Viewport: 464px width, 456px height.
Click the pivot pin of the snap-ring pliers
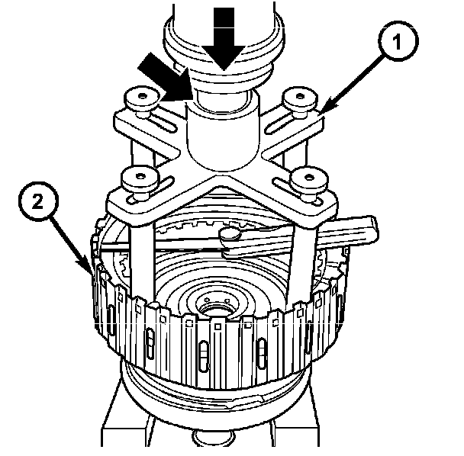(230, 236)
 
